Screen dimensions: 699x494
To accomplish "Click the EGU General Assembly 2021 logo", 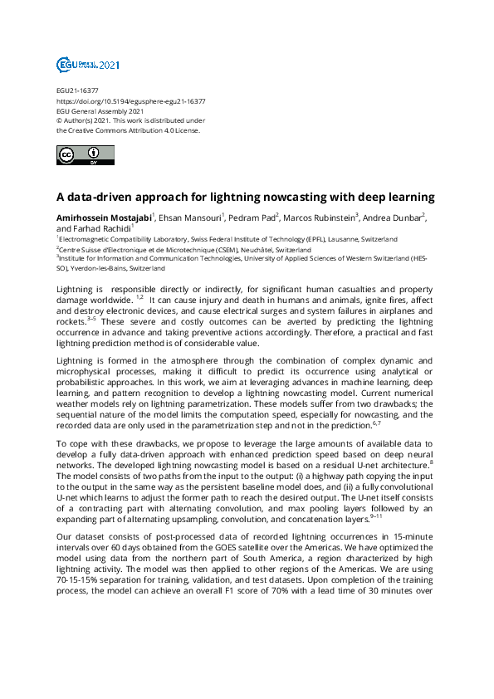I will point(88,64).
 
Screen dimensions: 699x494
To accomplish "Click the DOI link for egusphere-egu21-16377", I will point(130,101).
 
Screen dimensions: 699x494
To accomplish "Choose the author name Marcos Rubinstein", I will point(319,218).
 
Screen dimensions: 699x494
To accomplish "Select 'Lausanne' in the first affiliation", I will point(346,239).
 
